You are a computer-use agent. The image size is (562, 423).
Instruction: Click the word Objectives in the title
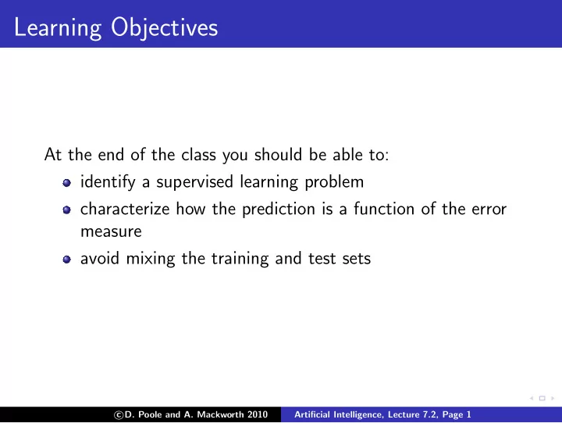point(164,28)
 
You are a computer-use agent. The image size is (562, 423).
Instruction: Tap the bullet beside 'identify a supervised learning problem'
point(66,183)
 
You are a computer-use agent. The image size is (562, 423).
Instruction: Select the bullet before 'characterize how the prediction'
point(66,210)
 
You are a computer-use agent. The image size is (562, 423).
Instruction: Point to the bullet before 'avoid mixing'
point(66,260)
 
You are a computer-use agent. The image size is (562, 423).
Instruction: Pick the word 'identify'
point(108,182)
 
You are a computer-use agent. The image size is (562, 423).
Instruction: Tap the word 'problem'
point(334,182)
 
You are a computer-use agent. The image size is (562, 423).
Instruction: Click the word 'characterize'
point(125,209)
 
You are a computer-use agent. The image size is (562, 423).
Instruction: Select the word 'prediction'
point(279,210)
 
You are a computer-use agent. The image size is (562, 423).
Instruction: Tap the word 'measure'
point(111,232)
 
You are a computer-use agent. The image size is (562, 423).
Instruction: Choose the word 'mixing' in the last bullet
point(151,259)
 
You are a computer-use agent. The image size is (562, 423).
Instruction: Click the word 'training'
point(240,259)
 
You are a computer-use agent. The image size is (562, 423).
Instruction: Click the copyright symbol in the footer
point(119,415)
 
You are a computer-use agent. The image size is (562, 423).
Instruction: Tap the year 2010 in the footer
point(258,414)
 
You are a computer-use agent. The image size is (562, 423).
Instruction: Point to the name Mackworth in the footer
point(220,414)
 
